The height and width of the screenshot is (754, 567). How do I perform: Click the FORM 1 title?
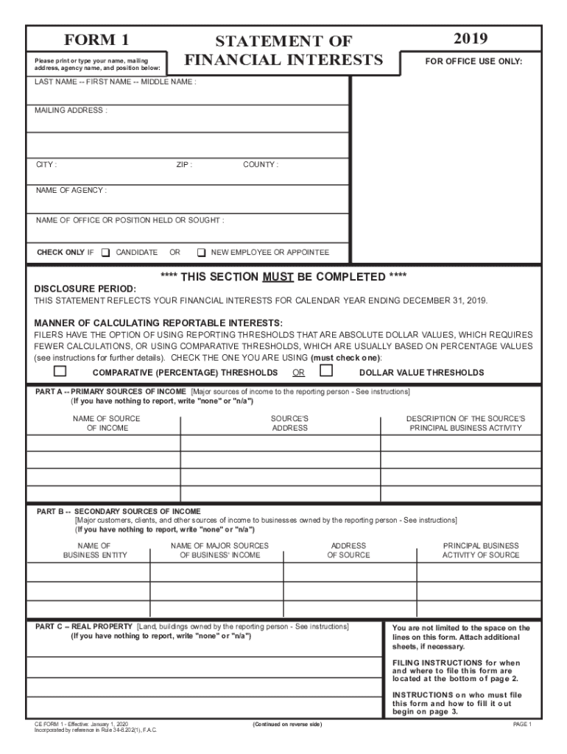[96, 40]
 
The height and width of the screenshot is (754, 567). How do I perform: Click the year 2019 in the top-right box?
[471, 38]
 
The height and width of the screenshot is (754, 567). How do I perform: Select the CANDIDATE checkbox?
[105, 253]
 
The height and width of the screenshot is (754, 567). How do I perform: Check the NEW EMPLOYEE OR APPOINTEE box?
[201, 253]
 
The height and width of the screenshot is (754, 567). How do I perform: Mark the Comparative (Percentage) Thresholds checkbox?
[60, 370]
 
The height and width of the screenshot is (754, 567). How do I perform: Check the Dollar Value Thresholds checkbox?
[326, 370]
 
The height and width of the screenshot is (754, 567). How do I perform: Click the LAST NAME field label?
[116, 82]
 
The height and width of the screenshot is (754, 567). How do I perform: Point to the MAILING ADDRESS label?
[71, 110]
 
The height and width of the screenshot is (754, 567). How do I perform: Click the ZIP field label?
[184, 165]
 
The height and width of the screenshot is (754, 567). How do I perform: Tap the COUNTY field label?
[261, 165]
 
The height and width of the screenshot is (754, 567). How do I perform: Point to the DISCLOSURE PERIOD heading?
[85, 289]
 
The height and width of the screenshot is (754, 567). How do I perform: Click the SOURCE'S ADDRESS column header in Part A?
[289, 423]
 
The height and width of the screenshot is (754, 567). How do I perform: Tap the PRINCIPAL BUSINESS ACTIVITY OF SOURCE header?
[480, 550]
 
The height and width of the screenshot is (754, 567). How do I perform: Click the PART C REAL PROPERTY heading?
[85, 626]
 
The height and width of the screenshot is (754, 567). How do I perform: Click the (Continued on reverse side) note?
[286, 725]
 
